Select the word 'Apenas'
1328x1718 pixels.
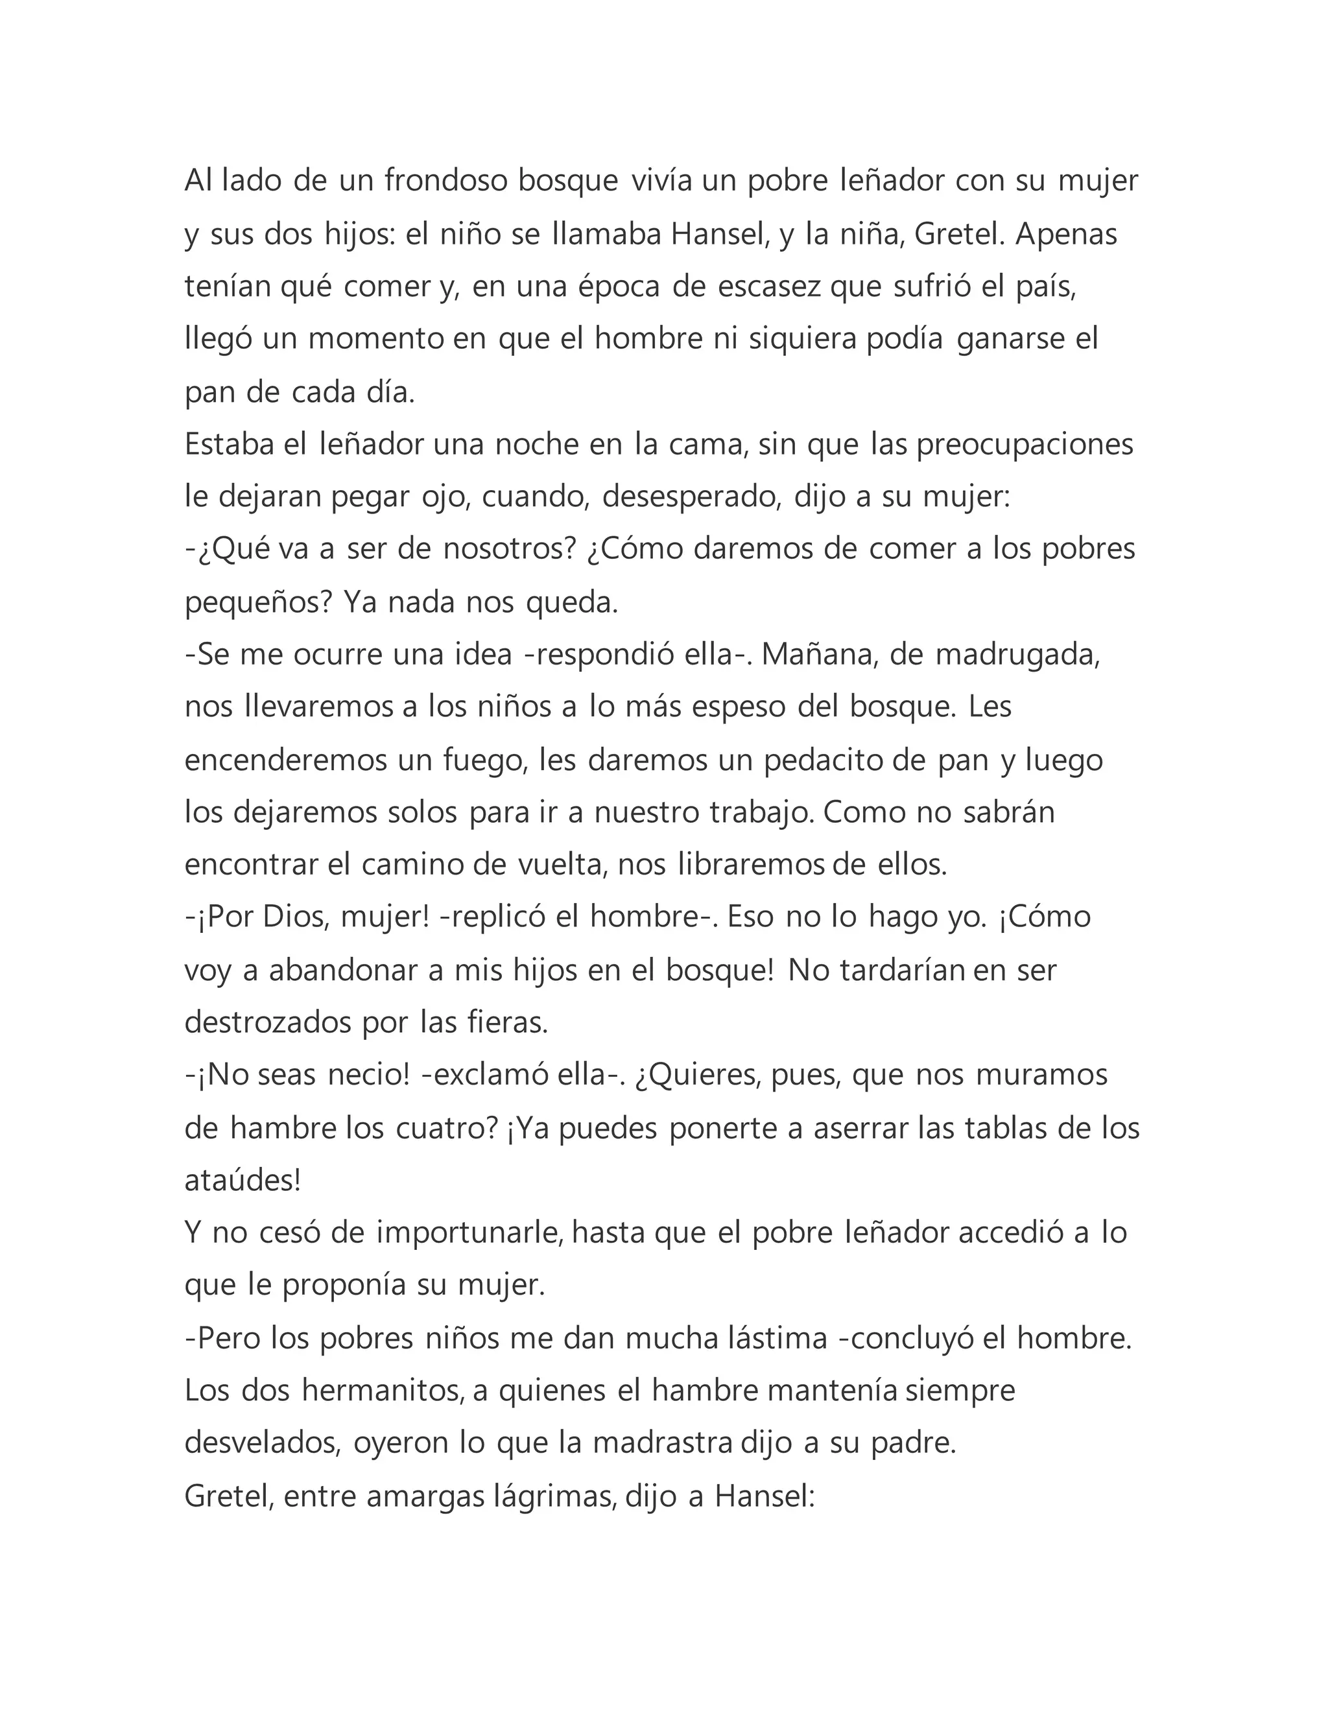[1066, 235]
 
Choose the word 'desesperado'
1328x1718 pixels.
[690, 497]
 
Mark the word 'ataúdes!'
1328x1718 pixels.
[243, 1180]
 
